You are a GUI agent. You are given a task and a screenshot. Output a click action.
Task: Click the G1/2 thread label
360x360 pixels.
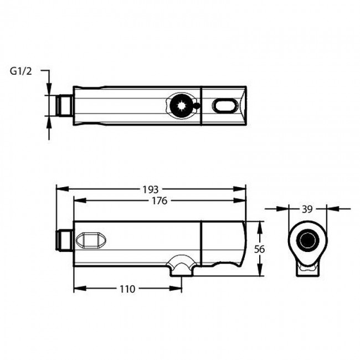20,71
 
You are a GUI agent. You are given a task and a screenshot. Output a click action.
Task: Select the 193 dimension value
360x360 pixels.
151,189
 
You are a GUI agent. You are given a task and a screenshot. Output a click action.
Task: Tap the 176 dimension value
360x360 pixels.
160,201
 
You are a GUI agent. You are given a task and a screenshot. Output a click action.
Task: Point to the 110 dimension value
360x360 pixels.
127,289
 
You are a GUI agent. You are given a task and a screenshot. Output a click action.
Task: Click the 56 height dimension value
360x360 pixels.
259,249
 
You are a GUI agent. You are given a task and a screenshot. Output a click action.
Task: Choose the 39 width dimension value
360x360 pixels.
307,209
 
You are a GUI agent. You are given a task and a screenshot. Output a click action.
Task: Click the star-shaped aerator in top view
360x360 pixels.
181,106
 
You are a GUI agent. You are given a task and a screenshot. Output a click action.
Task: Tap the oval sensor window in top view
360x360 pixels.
224,106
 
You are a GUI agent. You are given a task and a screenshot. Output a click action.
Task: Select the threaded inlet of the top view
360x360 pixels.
65,106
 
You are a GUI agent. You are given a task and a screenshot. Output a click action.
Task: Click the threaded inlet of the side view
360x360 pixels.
65,240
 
